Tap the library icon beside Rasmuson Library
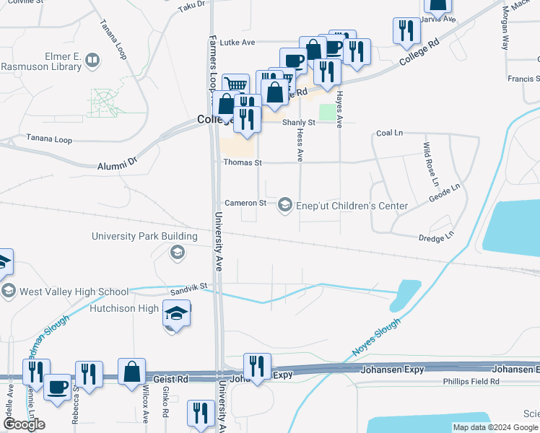(x=92, y=61)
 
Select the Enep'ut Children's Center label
(x=352, y=206)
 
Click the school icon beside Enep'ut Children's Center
(x=286, y=206)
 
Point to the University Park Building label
(x=144, y=236)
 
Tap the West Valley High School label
(x=73, y=292)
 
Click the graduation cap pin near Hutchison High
(x=175, y=314)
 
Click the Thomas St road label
(x=242, y=163)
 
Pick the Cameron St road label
(x=245, y=203)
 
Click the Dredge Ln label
(x=436, y=236)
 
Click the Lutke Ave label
(x=238, y=43)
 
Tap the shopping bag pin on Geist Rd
(x=132, y=372)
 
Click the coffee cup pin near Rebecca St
(x=57, y=385)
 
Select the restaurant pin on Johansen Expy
(x=257, y=367)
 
